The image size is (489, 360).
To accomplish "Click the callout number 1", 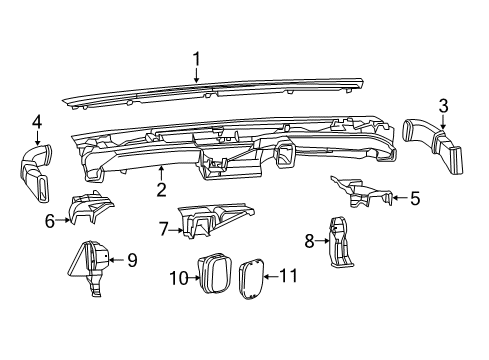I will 197,58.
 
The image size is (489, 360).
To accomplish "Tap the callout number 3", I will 442,107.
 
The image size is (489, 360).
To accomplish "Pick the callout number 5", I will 414,198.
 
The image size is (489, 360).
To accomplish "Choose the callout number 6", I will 49,221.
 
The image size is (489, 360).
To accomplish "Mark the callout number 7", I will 162,229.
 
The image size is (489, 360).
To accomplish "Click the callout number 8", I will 309,239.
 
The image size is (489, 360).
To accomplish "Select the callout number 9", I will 131,261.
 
